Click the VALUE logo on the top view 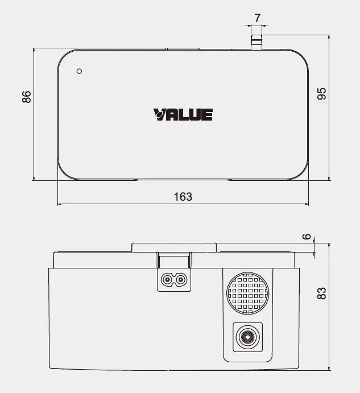click(x=183, y=114)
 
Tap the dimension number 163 click(x=183, y=197)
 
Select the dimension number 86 click(x=26, y=97)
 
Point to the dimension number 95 click(x=321, y=94)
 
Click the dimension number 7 click(x=258, y=18)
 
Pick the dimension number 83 click(x=321, y=293)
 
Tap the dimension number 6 click(x=307, y=237)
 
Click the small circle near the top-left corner click(x=79, y=71)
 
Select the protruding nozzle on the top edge click(x=256, y=42)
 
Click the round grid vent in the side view click(x=247, y=293)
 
